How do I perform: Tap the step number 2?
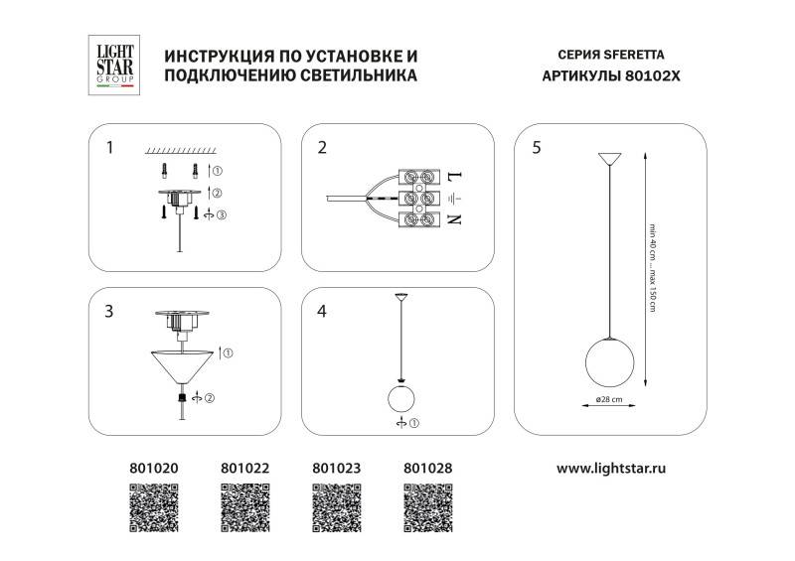pos(322,148)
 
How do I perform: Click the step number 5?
pos(537,148)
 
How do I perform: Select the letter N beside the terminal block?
pos(456,219)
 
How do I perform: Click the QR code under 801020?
pos(154,507)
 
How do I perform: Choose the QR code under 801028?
pos(428,507)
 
